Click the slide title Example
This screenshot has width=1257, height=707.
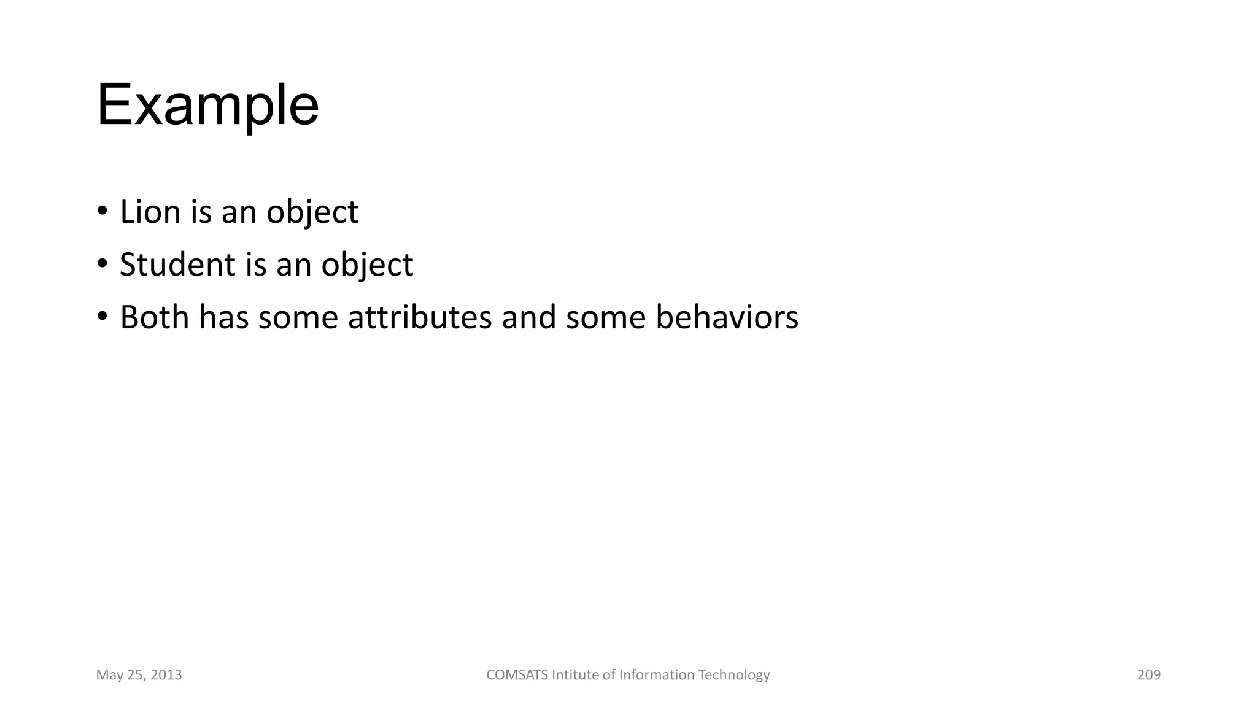(x=207, y=106)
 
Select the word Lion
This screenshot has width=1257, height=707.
(x=150, y=212)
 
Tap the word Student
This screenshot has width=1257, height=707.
(x=177, y=265)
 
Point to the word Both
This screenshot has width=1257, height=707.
(x=154, y=317)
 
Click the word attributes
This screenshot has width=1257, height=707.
(x=420, y=317)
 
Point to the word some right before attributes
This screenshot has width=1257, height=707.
(x=298, y=317)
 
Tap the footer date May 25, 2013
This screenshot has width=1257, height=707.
(x=139, y=675)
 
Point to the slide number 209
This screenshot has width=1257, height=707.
(x=1149, y=675)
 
